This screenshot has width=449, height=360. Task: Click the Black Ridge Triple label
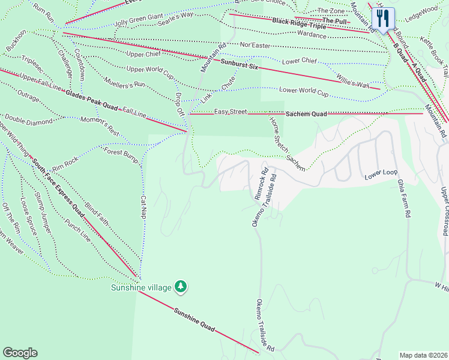(299, 23)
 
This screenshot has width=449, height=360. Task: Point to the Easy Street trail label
(231, 112)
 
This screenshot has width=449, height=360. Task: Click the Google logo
(20, 353)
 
